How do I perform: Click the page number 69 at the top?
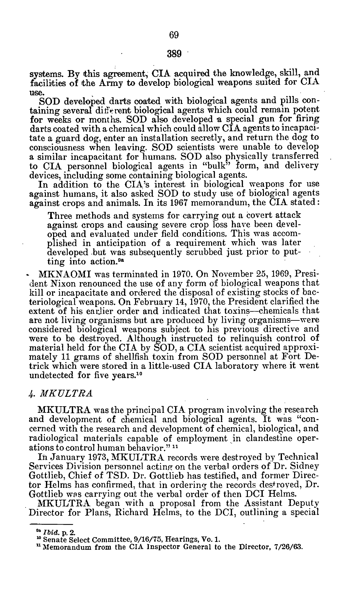174,35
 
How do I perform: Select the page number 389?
174,53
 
